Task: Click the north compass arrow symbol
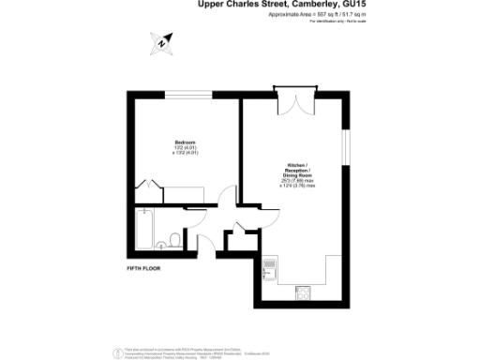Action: pyautogui.click(x=162, y=41)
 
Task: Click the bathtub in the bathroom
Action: pyautogui.click(x=142, y=229)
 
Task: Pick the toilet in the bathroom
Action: pyautogui.click(x=175, y=236)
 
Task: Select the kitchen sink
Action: pyautogui.click(x=271, y=265)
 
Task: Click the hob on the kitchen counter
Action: pyautogui.click(x=304, y=292)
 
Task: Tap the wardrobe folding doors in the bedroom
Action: pyautogui.click(x=151, y=188)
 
